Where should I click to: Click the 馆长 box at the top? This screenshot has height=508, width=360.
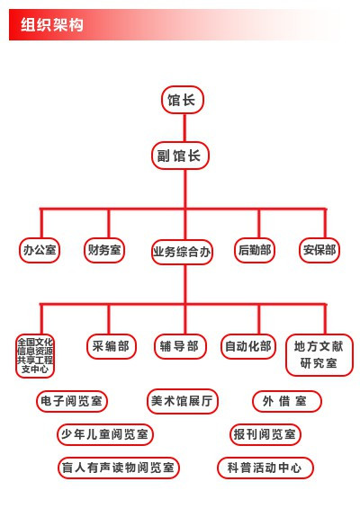pyautogui.click(x=183, y=100)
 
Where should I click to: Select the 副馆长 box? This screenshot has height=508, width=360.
pyautogui.click(x=180, y=156)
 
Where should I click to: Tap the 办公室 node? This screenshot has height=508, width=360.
pyautogui.click(x=40, y=250)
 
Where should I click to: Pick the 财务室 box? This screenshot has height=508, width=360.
pyautogui.click(x=104, y=250)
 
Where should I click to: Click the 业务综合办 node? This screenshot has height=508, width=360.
pyautogui.click(x=182, y=252)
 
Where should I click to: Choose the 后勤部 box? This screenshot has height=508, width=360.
pyautogui.click(x=255, y=250)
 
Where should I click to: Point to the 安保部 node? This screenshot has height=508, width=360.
pyautogui.click(x=319, y=250)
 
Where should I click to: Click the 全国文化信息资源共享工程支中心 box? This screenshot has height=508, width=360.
pyautogui.click(x=35, y=356)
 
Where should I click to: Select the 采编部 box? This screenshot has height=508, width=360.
pyautogui.click(x=112, y=346)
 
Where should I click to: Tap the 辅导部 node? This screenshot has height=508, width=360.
pyautogui.click(x=180, y=346)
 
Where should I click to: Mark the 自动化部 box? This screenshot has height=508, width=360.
pyautogui.click(x=248, y=346)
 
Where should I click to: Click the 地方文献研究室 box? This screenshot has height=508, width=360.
pyautogui.click(x=319, y=355)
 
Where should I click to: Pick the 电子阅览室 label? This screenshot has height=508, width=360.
pyautogui.click(x=72, y=401)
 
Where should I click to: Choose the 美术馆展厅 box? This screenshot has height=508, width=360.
pyautogui.click(x=183, y=401)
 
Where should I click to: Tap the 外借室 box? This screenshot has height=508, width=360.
pyautogui.click(x=287, y=401)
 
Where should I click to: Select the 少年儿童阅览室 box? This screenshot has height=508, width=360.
pyautogui.click(x=105, y=434)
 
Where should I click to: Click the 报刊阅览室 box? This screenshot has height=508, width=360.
pyautogui.click(x=265, y=434)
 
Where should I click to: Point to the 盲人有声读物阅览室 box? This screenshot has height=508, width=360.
pyautogui.click(x=119, y=468)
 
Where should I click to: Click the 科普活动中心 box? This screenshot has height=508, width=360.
pyautogui.click(x=265, y=468)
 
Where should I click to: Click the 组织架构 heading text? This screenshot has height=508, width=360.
pyautogui.click(x=52, y=24)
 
